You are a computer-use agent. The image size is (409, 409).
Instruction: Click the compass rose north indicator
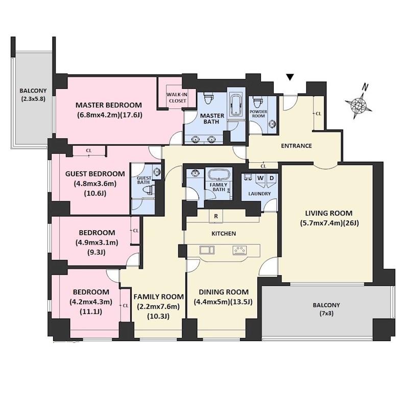point(358,102)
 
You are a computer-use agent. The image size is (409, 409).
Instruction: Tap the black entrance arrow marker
point(290,77)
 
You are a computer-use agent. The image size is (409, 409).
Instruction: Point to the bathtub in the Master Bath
point(236,105)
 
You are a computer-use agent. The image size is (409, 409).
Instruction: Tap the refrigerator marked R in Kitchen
point(216,216)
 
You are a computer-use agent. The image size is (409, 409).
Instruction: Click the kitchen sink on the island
point(207,250)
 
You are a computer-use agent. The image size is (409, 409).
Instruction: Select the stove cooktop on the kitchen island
point(239,250)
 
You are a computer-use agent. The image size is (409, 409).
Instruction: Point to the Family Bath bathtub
point(219,174)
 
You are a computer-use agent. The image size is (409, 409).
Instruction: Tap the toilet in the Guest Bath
point(149,189)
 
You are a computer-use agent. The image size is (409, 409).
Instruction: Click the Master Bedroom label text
point(109,105)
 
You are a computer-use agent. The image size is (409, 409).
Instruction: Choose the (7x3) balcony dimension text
point(326,314)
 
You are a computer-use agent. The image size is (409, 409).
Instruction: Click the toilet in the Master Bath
point(208,98)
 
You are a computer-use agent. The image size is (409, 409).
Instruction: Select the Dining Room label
point(224,292)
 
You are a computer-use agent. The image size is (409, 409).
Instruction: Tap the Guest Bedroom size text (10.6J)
point(95,194)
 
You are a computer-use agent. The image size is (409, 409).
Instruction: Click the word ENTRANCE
point(296,146)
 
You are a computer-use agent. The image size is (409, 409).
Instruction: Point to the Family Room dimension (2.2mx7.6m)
point(158,307)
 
